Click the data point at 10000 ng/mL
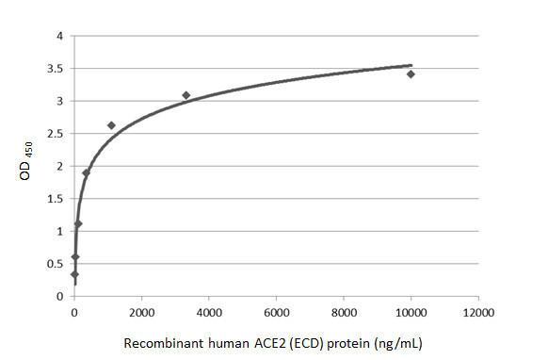411,74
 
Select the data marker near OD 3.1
186,95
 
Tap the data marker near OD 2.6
111,125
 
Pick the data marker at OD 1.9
87,172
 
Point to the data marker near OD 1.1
78,223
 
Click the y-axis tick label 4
59,36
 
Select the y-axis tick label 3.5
56,69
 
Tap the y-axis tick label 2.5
56,134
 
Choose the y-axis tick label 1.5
56,199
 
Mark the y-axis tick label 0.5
56,264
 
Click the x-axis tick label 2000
141,313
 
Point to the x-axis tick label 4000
209,313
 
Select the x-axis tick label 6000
276,313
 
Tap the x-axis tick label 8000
344,313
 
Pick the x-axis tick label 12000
478,313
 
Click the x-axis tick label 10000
411,313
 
